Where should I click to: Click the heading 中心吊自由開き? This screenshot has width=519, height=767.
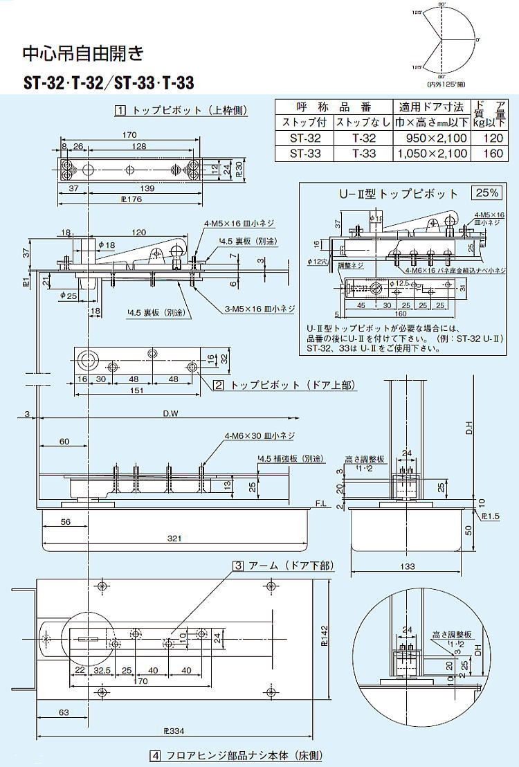[x=83, y=53]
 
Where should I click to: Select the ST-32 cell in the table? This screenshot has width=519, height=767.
[x=304, y=138]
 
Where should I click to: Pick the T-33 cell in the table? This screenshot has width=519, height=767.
[x=363, y=153]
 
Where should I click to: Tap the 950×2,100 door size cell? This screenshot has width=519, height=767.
[x=431, y=138]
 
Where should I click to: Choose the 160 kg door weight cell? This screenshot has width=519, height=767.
[x=493, y=153]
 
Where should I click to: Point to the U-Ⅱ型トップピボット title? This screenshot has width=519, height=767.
[x=398, y=194]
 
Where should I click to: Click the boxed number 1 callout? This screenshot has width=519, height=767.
[x=120, y=110]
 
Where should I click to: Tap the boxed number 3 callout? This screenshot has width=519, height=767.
[x=237, y=566]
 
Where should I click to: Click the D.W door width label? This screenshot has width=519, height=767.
[x=170, y=414]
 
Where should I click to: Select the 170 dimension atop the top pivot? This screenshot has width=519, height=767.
[x=128, y=135]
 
